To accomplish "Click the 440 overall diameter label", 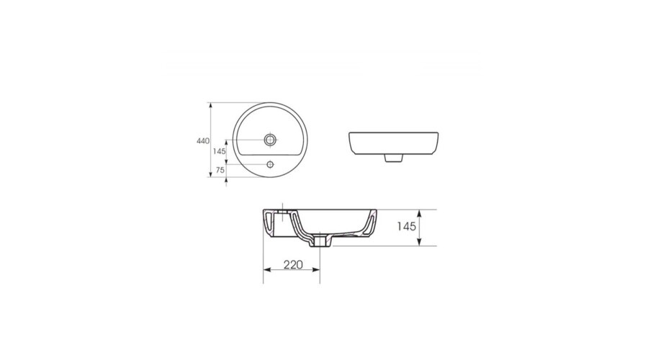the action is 203,141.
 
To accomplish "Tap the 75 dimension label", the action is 220,170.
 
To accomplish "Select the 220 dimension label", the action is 293,264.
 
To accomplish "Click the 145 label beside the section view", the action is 406,227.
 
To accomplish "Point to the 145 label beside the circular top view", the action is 220,151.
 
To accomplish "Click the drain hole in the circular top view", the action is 270,140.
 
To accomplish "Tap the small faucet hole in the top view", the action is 270,164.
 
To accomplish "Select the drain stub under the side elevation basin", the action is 394,158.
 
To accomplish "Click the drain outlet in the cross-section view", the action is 320,242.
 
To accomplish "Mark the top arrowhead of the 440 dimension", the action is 211,105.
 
